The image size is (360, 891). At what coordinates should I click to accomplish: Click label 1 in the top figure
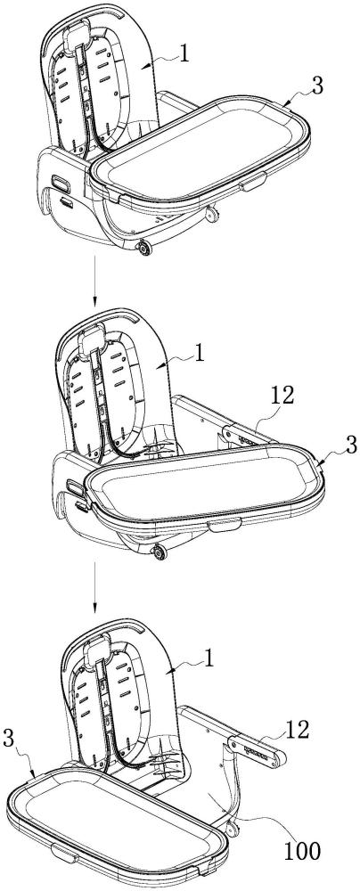click(x=183, y=53)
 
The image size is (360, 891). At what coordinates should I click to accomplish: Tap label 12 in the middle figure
click(x=282, y=397)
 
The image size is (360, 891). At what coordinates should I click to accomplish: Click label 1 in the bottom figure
click(x=210, y=658)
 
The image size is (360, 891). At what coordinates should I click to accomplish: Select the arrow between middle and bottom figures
click(x=94, y=590)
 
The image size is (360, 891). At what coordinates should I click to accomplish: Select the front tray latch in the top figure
click(x=253, y=182)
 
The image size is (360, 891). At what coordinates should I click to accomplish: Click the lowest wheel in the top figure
click(x=143, y=247)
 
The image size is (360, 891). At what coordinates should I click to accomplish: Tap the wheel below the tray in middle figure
click(x=160, y=551)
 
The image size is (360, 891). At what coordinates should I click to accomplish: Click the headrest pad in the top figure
click(x=78, y=38)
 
